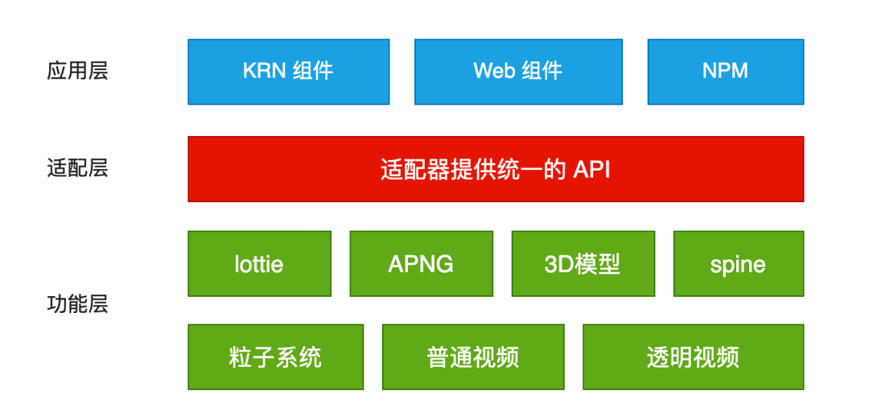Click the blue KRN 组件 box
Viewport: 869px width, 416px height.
288,72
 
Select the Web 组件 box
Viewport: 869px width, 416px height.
518,72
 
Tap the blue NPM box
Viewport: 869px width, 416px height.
725,72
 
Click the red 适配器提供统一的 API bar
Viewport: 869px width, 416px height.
496,169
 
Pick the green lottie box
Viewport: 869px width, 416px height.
259,264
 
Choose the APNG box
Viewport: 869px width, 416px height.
421,264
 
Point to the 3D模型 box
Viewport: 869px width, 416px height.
583,264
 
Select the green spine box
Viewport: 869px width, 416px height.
738,264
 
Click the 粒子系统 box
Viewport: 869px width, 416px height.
275,357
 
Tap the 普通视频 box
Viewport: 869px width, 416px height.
473,357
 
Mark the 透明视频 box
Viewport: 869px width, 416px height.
693,357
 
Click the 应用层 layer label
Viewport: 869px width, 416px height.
76,71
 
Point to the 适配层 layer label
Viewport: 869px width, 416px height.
76,169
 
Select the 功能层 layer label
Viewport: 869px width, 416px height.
76,304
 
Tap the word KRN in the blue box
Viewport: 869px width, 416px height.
265,72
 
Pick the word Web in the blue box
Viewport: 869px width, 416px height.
493,72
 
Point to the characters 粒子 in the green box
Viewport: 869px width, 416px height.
252,357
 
